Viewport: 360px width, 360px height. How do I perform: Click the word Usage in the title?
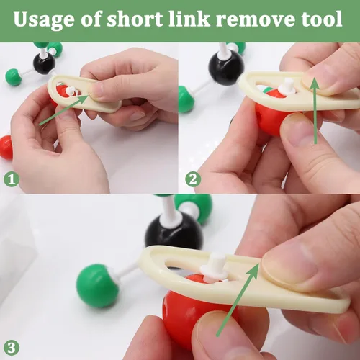tap(44, 19)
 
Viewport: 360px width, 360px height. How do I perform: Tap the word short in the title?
tap(135, 19)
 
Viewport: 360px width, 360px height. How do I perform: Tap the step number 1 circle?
tap(12, 179)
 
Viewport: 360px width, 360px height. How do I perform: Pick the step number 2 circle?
tap(193, 179)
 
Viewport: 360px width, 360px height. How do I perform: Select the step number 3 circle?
tap(12, 348)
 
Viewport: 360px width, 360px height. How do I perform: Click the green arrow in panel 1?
tap(64, 109)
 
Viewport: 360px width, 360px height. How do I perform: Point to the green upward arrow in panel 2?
tap(315, 111)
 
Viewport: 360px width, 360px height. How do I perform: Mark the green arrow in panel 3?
tap(238, 300)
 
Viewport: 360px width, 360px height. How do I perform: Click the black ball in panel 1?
tap(44, 63)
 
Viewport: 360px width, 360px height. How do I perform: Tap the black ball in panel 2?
tap(225, 68)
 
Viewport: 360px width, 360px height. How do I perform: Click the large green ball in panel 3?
tap(97, 285)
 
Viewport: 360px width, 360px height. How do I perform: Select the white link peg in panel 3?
tap(215, 266)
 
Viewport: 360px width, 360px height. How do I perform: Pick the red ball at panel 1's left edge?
tap(6, 148)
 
